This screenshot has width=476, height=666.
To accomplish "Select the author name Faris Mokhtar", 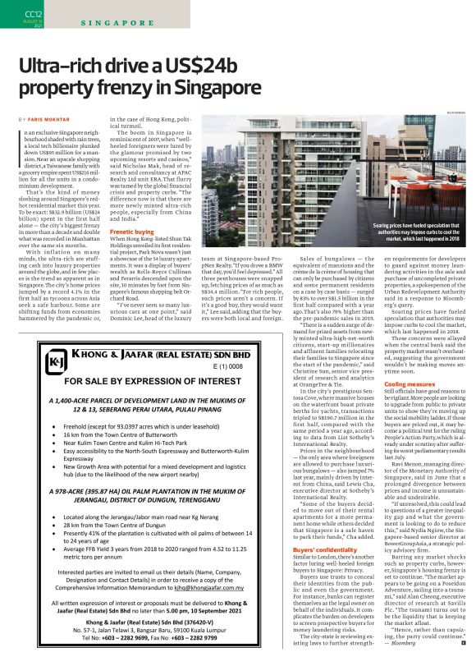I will [x=48, y=120].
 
